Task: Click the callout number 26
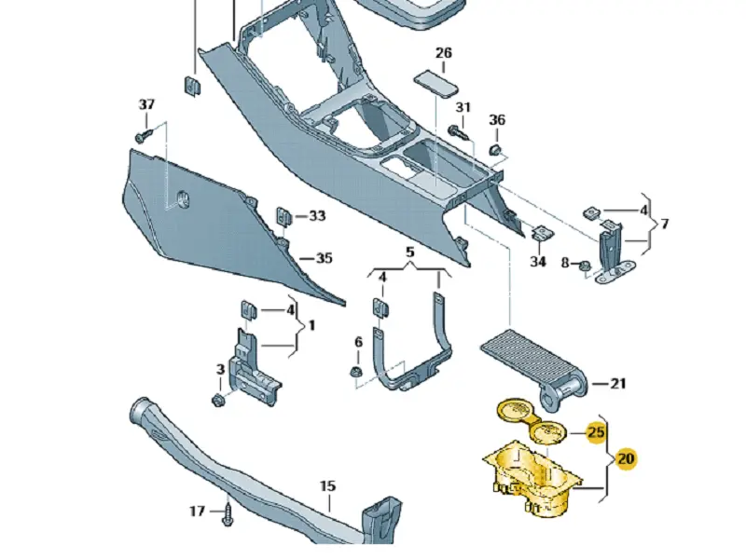(443, 53)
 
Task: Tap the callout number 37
(146, 104)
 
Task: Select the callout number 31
(463, 108)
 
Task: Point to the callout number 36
(497, 120)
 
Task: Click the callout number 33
(317, 216)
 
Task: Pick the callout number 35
(323, 258)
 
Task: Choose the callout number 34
(537, 262)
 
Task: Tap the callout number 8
(564, 264)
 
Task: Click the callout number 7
(664, 225)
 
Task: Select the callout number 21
(619, 383)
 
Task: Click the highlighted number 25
(597, 432)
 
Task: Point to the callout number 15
(327, 486)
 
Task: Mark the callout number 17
(197, 511)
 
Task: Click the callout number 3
(220, 370)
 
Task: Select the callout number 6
(357, 342)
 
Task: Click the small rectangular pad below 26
(436, 81)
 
